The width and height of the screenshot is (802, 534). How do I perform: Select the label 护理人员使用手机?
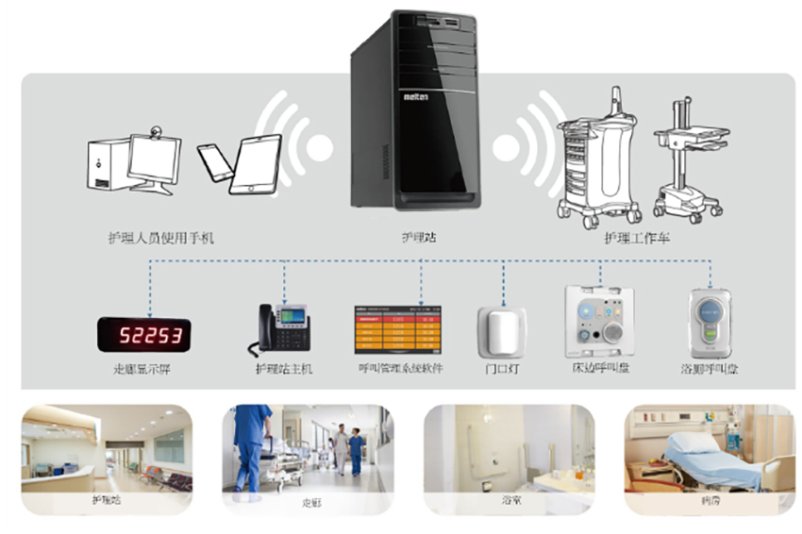(161, 239)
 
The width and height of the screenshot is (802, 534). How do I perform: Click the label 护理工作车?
(638, 239)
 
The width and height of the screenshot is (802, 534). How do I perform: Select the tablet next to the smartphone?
(256, 164)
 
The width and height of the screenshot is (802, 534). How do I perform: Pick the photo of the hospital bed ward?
(709, 448)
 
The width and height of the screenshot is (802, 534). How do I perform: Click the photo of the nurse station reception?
(107, 448)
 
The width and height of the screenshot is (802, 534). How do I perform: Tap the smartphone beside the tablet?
(216, 161)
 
